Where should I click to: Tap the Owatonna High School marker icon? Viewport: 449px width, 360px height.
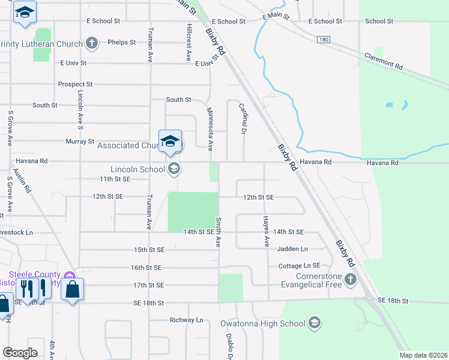(x=314, y=323)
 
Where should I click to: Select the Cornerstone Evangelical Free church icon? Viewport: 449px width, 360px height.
(x=350, y=279)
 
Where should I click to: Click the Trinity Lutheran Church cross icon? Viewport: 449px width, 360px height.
(x=91, y=43)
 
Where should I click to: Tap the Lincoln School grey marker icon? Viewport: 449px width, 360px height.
(x=173, y=169)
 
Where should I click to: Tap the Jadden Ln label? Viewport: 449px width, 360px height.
(x=292, y=248)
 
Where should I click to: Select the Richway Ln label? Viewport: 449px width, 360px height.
(x=187, y=320)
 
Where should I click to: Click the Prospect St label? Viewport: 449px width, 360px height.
(x=75, y=85)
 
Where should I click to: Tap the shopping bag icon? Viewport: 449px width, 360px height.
(x=72, y=290)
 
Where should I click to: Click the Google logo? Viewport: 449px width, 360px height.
(x=20, y=353)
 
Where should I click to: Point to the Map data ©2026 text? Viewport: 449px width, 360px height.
(x=423, y=355)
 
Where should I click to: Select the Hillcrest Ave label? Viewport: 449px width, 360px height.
(x=188, y=43)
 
